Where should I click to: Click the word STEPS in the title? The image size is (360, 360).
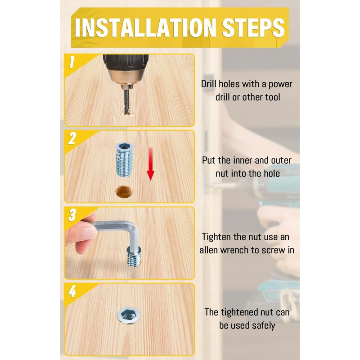(253, 27)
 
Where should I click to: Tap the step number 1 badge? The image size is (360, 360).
(72, 62)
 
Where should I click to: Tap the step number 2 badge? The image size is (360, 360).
(72, 139)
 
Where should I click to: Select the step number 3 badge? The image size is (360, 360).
(72, 215)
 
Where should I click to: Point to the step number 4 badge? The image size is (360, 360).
(72, 291)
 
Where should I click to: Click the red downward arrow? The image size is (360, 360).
(150, 164)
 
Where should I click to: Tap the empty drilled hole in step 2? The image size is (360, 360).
(124, 192)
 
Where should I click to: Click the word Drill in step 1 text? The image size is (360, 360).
(209, 84)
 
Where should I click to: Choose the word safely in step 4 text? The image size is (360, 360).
(263, 326)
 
